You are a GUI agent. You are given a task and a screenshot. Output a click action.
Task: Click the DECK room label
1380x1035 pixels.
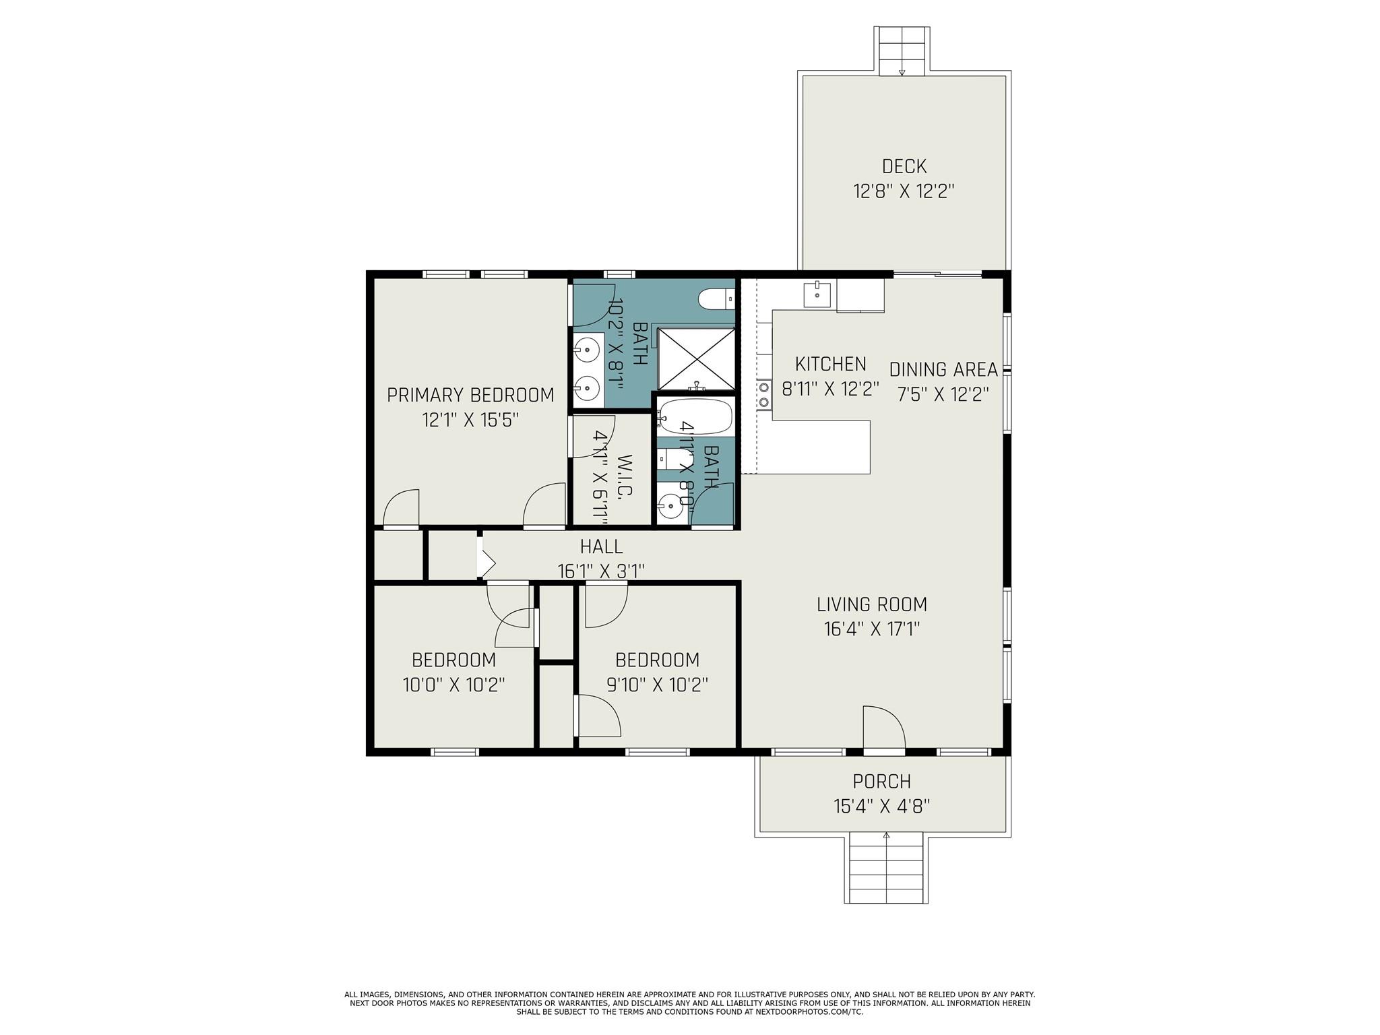click(x=904, y=166)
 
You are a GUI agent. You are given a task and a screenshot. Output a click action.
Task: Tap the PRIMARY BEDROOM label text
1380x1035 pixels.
click(x=470, y=395)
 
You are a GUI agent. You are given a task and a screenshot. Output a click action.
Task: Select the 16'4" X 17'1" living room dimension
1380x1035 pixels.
click(x=872, y=629)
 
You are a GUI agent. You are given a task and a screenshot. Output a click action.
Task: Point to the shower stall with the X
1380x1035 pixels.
click(x=696, y=358)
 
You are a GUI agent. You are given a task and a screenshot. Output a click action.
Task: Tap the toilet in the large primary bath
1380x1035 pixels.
click(x=716, y=298)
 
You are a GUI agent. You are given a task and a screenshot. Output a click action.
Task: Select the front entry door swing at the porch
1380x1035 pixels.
click(x=883, y=728)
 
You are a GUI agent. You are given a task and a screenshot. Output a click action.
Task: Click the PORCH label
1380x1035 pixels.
click(x=881, y=782)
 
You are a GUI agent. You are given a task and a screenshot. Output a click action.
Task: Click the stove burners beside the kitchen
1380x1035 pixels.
click(x=764, y=395)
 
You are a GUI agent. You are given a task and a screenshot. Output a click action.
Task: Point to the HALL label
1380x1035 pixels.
click(x=601, y=546)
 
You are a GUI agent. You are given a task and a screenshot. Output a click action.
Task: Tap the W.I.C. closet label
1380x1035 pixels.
click(x=625, y=476)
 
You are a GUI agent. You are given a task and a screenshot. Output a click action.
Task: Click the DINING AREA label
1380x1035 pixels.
click(x=943, y=370)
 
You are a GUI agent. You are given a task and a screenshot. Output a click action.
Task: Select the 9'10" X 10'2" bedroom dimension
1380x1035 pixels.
click(x=657, y=685)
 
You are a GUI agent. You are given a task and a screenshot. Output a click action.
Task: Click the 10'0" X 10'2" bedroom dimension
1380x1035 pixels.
click(x=453, y=685)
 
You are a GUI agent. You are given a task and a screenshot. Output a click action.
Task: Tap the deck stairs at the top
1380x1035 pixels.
click(x=902, y=51)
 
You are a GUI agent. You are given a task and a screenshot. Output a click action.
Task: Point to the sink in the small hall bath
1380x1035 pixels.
click(x=670, y=504)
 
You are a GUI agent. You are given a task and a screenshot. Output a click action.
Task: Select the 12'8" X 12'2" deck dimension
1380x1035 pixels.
click(x=904, y=191)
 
